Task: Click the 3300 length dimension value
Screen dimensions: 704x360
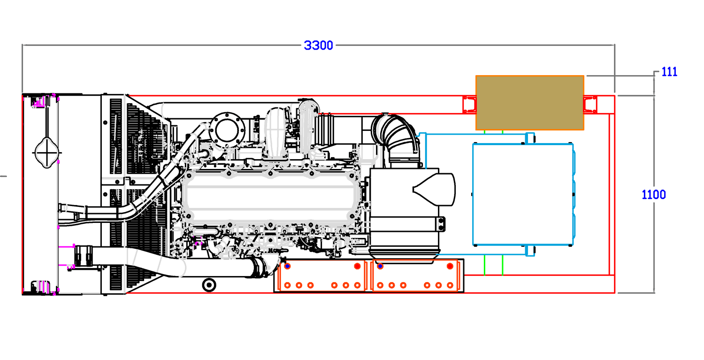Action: tap(318, 46)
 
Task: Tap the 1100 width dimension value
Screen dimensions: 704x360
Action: tap(653, 195)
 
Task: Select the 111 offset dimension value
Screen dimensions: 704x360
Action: tap(669, 72)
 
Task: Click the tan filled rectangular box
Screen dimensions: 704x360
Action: tap(529, 102)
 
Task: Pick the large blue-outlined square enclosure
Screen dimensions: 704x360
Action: tap(523, 194)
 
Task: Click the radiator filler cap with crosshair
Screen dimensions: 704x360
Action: tap(47, 153)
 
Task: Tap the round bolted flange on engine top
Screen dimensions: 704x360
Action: tap(227, 130)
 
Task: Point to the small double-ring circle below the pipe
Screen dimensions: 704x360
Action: tap(209, 285)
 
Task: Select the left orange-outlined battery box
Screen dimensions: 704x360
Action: tap(321, 276)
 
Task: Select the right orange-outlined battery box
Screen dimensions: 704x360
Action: tap(415, 276)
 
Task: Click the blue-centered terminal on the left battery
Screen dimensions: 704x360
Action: tap(287, 266)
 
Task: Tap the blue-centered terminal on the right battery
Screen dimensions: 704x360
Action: tap(380, 266)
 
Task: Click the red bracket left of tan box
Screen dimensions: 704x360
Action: tap(469, 105)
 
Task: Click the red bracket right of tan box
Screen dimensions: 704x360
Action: tap(590, 105)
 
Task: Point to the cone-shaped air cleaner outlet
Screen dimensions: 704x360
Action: tap(434, 189)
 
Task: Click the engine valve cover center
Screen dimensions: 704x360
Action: tap(270, 198)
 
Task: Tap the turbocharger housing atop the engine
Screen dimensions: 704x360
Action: tap(276, 132)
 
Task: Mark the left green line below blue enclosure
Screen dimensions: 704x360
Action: tap(484, 266)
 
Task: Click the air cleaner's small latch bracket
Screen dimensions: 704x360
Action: tap(441, 224)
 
